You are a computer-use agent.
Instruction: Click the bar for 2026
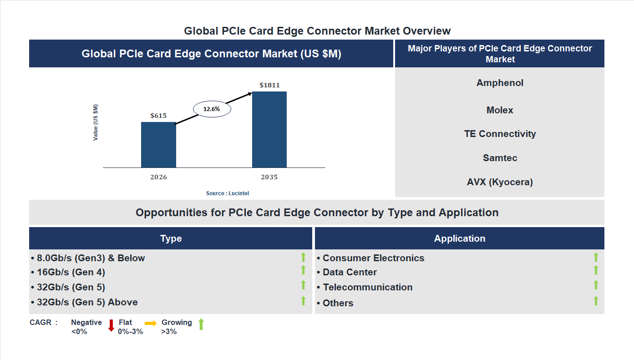tap(158, 145)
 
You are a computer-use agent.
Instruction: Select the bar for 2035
tap(269, 130)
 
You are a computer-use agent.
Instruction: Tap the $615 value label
tap(158, 116)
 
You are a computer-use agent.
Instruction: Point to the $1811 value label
tap(269, 85)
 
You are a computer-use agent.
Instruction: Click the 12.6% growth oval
tap(212, 109)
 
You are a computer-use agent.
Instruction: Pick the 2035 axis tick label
tap(269, 177)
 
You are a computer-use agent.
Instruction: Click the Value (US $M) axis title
tap(96, 122)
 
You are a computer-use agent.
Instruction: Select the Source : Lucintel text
tap(228, 193)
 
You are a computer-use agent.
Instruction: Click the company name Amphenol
tap(500, 83)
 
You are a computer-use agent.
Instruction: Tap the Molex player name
tap(500, 110)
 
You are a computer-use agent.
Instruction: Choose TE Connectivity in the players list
tap(500, 134)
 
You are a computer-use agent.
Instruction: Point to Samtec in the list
tap(500, 158)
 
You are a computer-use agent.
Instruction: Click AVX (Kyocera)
tap(500, 182)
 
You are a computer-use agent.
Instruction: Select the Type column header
tap(171, 238)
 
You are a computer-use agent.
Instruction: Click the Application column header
tap(460, 238)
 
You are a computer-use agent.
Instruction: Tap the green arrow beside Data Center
tap(596, 270)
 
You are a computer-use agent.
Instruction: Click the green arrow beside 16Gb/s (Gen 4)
tap(303, 270)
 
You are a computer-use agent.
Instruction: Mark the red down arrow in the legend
tap(111, 325)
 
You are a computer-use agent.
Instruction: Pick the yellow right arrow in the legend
tap(151, 323)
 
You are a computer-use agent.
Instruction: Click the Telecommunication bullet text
tap(367, 287)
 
